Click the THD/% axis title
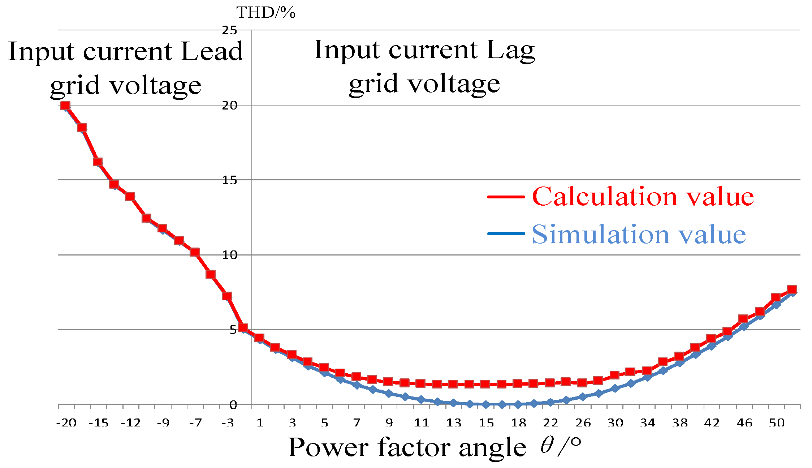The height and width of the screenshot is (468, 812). (x=266, y=13)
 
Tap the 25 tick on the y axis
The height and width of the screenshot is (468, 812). (x=229, y=30)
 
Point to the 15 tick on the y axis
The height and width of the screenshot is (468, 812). (x=229, y=180)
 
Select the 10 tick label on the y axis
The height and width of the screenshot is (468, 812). (x=229, y=255)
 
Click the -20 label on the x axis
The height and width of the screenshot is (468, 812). (x=66, y=423)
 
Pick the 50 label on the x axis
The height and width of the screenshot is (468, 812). (x=777, y=423)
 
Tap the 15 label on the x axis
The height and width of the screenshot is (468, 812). (x=486, y=423)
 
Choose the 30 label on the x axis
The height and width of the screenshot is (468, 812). (x=615, y=423)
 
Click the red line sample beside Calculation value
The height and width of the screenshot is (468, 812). (x=506, y=197)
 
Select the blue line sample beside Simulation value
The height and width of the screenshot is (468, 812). (x=506, y=233)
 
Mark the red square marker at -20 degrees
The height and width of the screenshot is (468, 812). (x=65, y=106)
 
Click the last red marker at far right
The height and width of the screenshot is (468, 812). (x=792, y=289)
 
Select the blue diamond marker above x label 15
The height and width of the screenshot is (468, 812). (x=486, y=404)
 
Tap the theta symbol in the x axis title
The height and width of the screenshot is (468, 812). (x=547, y=446)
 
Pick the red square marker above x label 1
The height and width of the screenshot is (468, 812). (x=259, y=338)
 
